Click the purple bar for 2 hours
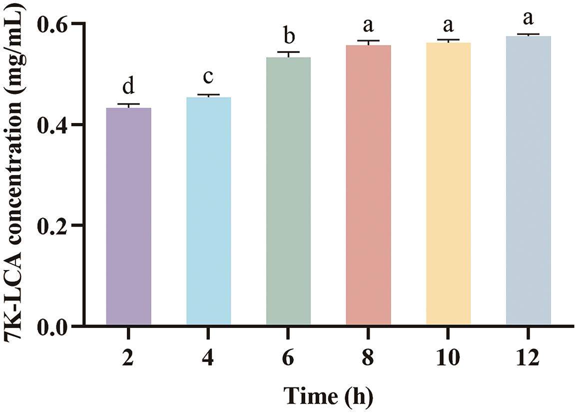coord(128,216)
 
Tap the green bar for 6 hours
coord(288,191)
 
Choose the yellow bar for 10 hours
coord(448,183)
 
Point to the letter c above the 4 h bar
coord(209,78)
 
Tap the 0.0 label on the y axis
coord(53,326)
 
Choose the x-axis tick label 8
coord(368,358)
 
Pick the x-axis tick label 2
coord(128,358)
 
